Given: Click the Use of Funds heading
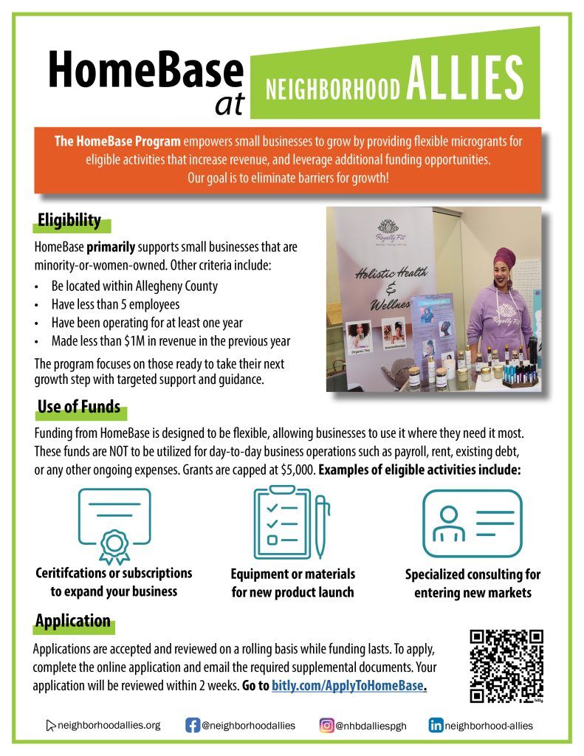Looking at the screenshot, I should (x=78, y=408).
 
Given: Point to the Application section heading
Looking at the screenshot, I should (x=73, y=621).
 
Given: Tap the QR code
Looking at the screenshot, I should (x=506, y=667).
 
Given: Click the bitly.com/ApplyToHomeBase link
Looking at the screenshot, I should (x=348, y=685).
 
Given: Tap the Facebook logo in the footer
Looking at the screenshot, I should (x=192, y=725).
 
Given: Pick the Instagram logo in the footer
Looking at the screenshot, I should (x=326, y=725).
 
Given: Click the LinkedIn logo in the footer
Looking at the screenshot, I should (x=436, y=725).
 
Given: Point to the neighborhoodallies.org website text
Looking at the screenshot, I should (x=109, y=725).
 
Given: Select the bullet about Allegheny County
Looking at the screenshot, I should (x=134, y=286).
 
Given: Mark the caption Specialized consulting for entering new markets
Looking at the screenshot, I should (x=473, y=583).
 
